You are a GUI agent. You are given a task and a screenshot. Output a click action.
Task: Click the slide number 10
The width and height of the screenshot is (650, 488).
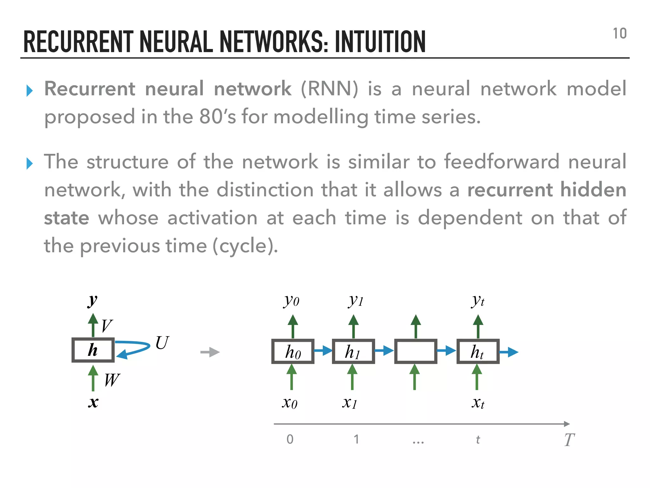(x=620, y=34)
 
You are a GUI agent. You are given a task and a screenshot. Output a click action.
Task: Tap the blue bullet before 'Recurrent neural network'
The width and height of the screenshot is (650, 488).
(x=30, y=91)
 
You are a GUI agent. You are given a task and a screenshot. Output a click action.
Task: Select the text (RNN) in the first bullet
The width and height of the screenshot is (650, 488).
(x=329, y=89)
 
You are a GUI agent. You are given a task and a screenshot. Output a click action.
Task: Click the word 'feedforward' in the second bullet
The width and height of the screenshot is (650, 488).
(x=501, y=161)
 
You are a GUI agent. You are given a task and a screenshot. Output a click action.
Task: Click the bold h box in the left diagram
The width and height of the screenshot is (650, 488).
(x=93, y=350)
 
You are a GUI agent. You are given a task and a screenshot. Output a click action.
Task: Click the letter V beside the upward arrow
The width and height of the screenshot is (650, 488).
(x=107, y=326)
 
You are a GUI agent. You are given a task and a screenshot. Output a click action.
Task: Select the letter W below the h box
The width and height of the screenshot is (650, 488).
(x=112, y=380)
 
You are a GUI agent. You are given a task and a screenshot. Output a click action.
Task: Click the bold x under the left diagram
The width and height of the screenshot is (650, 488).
(x=93, y=403)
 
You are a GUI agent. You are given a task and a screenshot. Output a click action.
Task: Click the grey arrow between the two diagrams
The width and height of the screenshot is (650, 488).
(x=210, y=352)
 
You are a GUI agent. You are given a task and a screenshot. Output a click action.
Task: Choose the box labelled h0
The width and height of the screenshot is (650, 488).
(x=293, y=351)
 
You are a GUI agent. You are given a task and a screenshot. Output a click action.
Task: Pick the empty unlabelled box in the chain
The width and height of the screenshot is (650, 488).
(x=415, y=351)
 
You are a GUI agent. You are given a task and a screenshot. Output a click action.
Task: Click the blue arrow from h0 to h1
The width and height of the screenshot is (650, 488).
(x=323, y=351)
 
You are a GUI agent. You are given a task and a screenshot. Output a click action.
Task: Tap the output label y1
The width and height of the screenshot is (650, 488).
(x=355, y=300)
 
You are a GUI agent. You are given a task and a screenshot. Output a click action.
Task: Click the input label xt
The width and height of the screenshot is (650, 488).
(x=478, y=403)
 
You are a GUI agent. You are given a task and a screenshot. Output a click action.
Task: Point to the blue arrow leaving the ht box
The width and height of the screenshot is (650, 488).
(x=509, y=352)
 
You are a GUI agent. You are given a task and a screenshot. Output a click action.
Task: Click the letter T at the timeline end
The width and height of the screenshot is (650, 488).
(x=569, y=440)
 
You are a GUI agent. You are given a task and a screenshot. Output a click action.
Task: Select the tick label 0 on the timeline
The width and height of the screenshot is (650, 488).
(x=290, y=439)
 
